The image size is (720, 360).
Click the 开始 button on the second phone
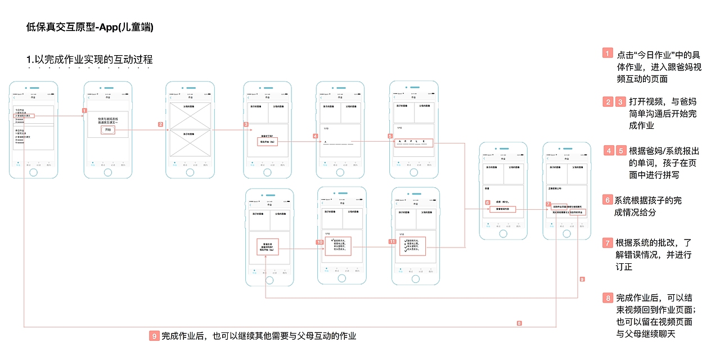click(107, 130)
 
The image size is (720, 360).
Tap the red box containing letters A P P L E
click(413, 142)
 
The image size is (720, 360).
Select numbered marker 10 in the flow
click(320, 242)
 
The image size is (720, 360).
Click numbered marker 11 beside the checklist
click(393, 241)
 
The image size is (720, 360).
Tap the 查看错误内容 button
click(502, 209)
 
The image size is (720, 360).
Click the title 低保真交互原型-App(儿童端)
click(90, 27)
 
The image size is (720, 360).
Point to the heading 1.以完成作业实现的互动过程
click(89, 60)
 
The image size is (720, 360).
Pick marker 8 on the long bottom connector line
click(519, 323)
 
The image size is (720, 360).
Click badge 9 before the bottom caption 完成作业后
click(155, 336)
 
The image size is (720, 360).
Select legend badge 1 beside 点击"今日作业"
click(607, 53)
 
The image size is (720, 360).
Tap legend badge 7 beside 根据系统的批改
click(607, 243)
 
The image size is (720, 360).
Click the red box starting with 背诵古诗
click(268, 247)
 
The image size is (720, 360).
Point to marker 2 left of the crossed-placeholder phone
click(160, 125)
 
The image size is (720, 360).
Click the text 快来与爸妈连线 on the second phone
click(107, 118)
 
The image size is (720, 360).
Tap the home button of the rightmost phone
click(567, 233)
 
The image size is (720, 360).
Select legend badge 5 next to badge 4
click(621, 151)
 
